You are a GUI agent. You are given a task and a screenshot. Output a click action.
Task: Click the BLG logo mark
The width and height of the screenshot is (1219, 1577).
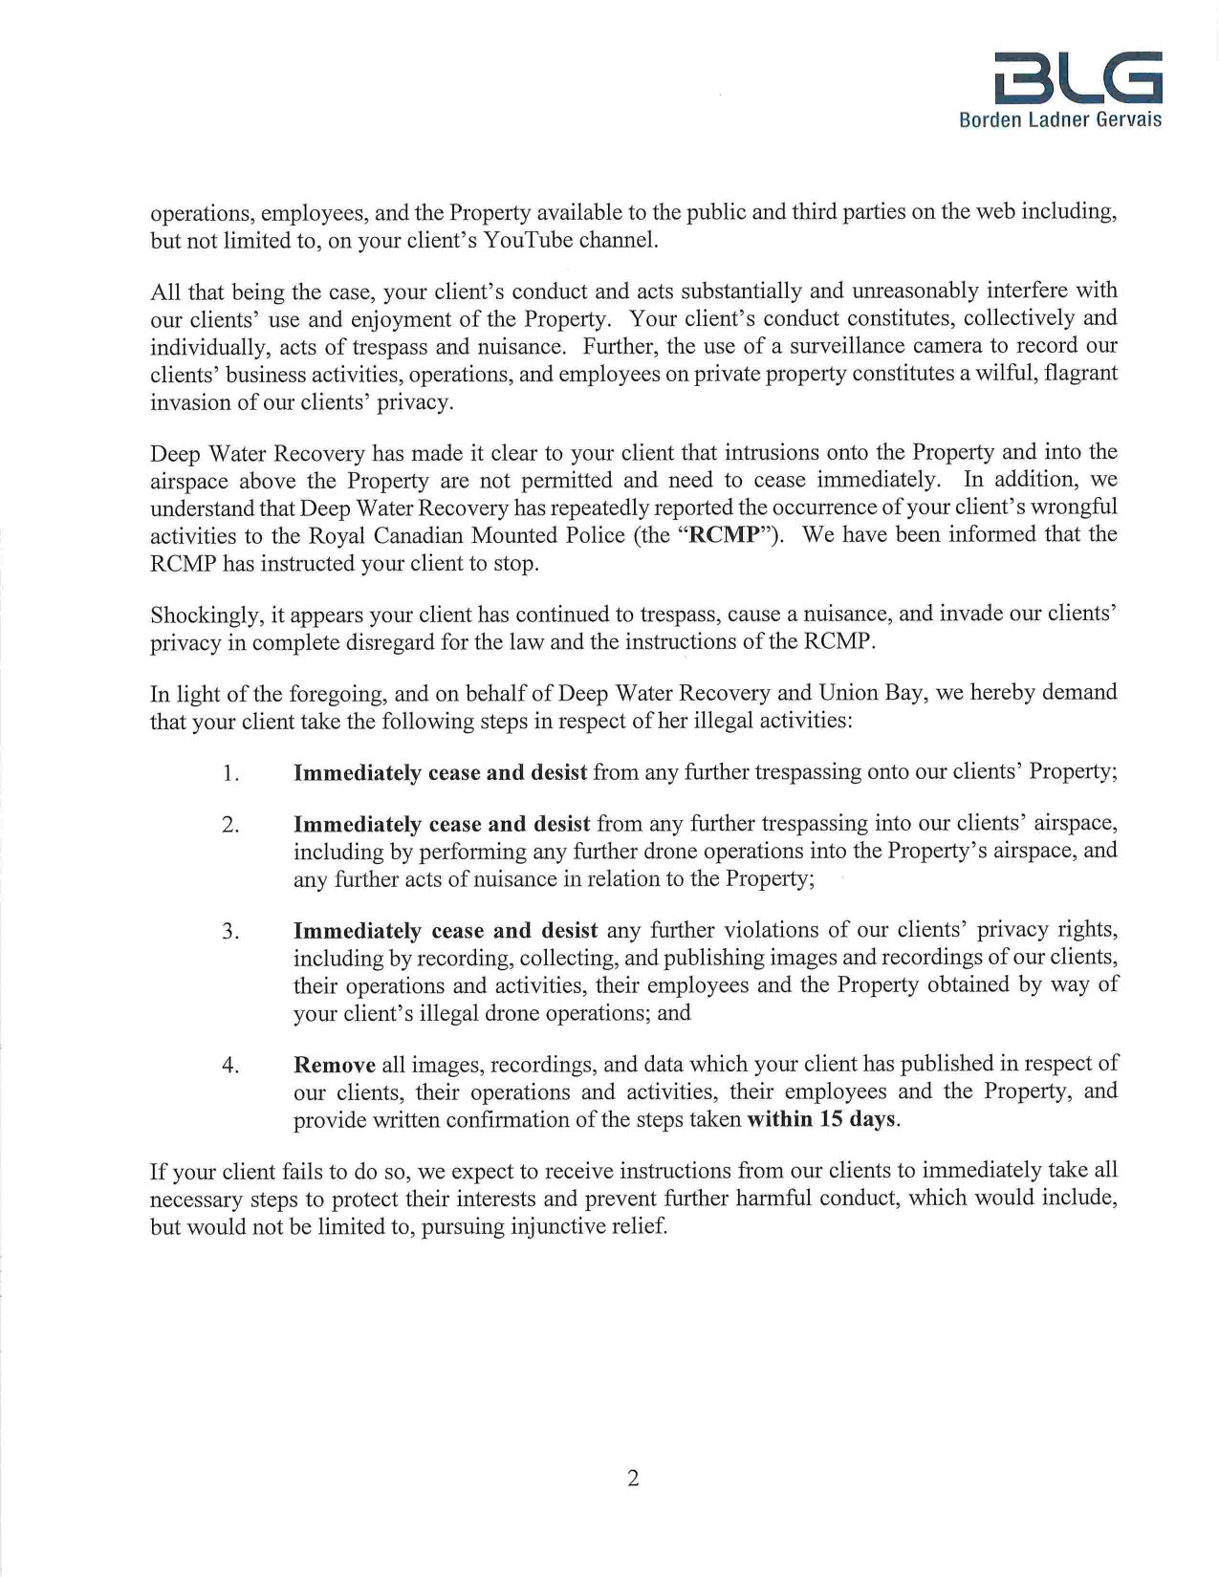[x=1078, y=77]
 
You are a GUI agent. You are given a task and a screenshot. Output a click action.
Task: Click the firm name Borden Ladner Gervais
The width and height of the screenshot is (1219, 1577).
[x=1060, y=120]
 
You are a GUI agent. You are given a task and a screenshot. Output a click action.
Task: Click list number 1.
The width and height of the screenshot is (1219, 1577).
[x=229, y=773]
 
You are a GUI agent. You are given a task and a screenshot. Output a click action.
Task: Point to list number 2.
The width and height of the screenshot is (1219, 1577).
[x=229, y=825]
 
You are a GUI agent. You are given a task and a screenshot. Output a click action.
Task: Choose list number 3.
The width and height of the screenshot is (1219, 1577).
[x=229, y=931]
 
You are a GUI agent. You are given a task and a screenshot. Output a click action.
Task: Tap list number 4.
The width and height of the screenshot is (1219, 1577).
[x=229, y=1065]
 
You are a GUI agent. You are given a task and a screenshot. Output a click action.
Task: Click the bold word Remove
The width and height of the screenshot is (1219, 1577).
[x=335, y=1065]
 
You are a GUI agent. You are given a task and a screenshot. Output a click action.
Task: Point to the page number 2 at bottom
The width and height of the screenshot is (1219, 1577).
[x=633, y=1479]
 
